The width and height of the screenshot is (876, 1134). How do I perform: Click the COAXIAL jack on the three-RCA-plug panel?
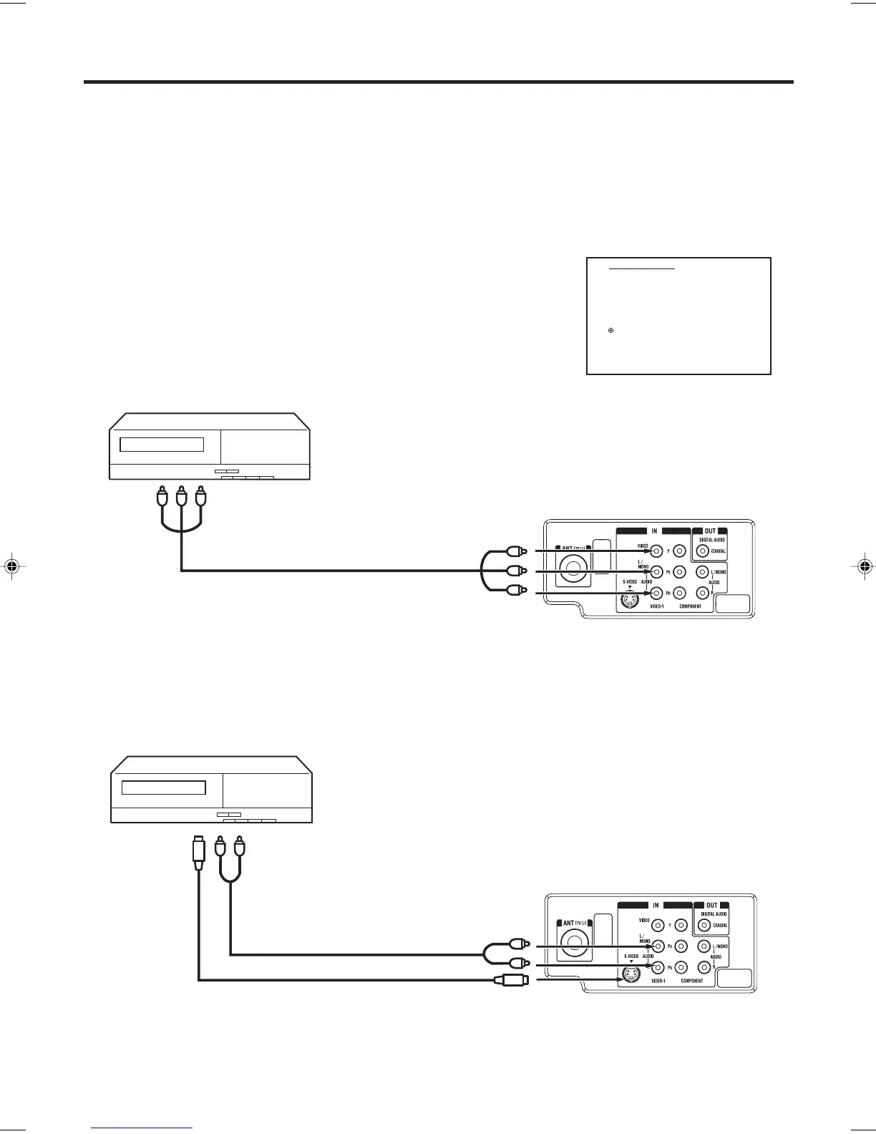point(702,551)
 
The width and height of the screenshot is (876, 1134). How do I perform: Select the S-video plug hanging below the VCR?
point(199,853)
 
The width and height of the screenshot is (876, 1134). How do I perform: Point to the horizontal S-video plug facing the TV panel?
point(511,980)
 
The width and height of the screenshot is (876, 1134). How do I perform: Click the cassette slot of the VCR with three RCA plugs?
point(162,445)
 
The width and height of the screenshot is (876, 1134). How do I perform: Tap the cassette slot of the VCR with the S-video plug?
point(164,788)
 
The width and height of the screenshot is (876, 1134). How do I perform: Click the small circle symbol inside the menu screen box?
point(610,330)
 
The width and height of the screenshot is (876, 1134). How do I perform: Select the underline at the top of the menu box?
point(642,269)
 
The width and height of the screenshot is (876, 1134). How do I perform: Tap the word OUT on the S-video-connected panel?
point(712,905)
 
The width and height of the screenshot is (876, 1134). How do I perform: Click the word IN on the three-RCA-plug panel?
point(654,531)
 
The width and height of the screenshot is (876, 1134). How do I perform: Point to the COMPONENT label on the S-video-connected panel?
point(692,981)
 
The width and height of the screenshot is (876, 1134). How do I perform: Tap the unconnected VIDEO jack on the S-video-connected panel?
point(657,926)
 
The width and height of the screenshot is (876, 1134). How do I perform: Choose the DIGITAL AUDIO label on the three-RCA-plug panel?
point(712,539)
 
